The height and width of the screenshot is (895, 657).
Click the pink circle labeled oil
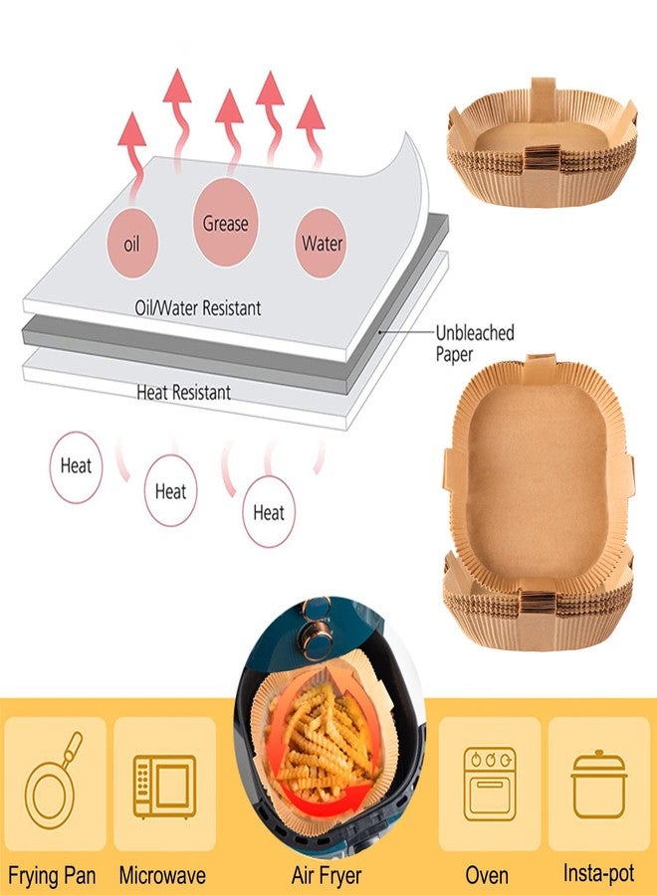point(132,244)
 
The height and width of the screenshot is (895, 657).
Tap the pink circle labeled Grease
point(225,222)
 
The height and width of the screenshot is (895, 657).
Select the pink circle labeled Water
point(322,244)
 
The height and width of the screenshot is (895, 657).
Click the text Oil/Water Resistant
point(198,308)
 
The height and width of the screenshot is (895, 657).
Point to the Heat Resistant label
point(183,392)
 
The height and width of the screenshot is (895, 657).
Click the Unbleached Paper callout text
point(474,343)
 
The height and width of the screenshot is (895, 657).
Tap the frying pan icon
point(54,781)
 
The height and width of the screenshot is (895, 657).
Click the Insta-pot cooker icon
point(598,785)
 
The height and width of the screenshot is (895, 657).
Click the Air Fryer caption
point(327,875)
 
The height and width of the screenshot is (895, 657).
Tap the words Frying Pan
point(52,875)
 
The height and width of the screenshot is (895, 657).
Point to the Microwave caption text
point(162,875)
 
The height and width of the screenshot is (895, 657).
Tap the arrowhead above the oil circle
point(131,129)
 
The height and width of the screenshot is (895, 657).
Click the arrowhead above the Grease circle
point(230,106)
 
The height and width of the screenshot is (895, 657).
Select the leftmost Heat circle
point(76,466)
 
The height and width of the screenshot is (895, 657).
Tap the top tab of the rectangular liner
point(541,361)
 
